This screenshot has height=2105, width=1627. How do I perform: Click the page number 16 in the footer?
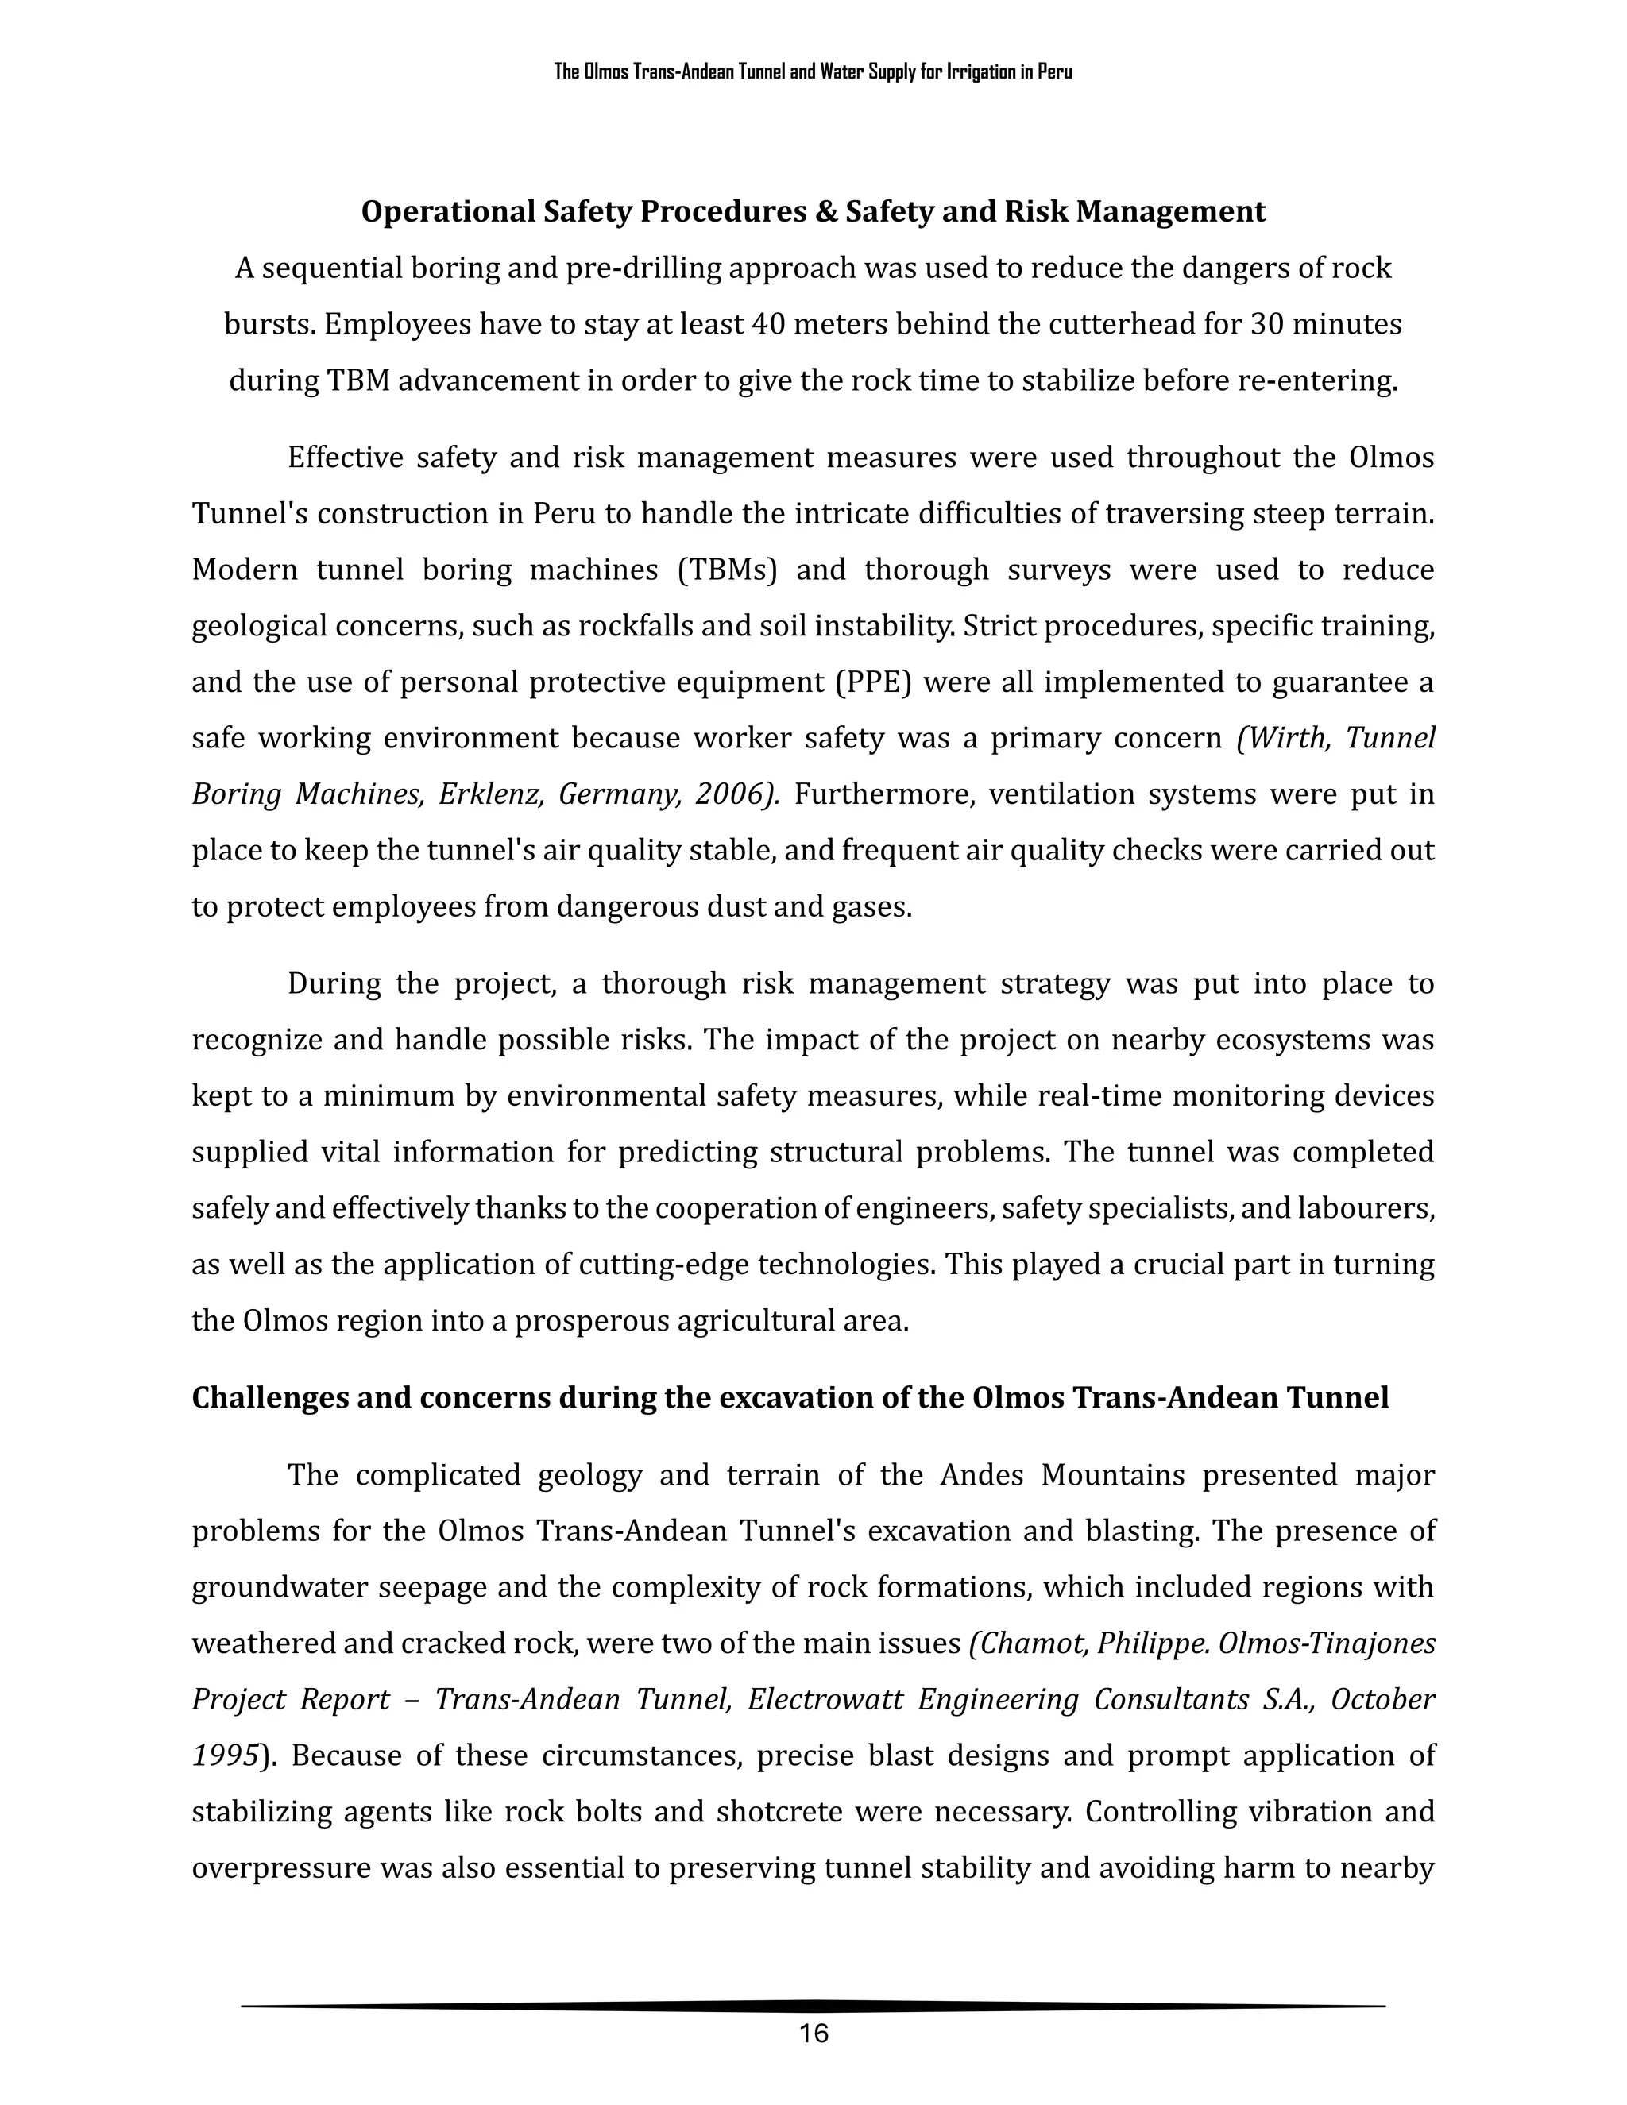(813, 2034)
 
